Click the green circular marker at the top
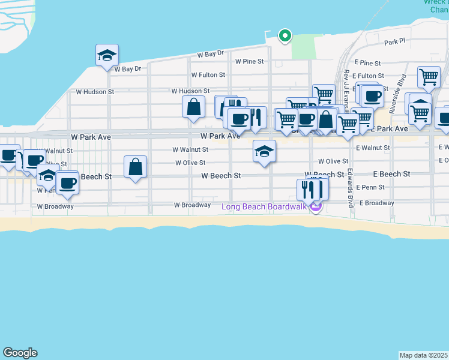(x=285, y=37)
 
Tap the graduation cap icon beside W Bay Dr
(x=107, y=55)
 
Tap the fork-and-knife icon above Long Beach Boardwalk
(x=310, y=190)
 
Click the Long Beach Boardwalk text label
(x=264, y=207)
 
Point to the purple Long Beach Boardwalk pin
(x=316, y=207)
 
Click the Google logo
(x=20, y=353)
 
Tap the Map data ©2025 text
(x=424, y=355)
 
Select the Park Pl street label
(x=395, y=43)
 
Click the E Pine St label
(x=367, y=63)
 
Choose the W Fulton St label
(x=208, y=75)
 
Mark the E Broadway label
(x=377, y=203)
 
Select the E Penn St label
(x=370, y=187)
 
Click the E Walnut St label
(x=373, y=147)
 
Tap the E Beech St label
(x=391, y=174)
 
